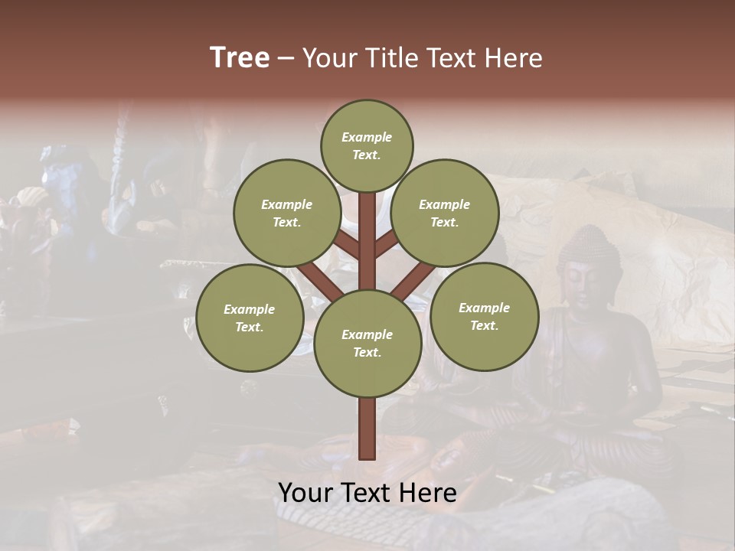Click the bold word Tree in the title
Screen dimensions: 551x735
tap(240, 58)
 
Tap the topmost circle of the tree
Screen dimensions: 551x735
tap(367, 145)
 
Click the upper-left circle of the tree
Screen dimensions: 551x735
tap(287, 213)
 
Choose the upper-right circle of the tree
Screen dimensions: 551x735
tap(445, 213)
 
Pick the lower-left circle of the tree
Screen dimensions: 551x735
tap(250, 318)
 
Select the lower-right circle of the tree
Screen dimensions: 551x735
tap(484, 316)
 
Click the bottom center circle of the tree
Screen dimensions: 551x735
tap(367, 343)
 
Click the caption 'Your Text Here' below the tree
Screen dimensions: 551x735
tap(367, 492)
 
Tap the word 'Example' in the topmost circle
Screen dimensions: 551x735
tap(367, 137)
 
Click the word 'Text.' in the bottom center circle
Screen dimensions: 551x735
tap(367, 352)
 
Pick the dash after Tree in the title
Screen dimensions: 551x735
tap(286, 58)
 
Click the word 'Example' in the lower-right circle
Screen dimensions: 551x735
tap(484, 308)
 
